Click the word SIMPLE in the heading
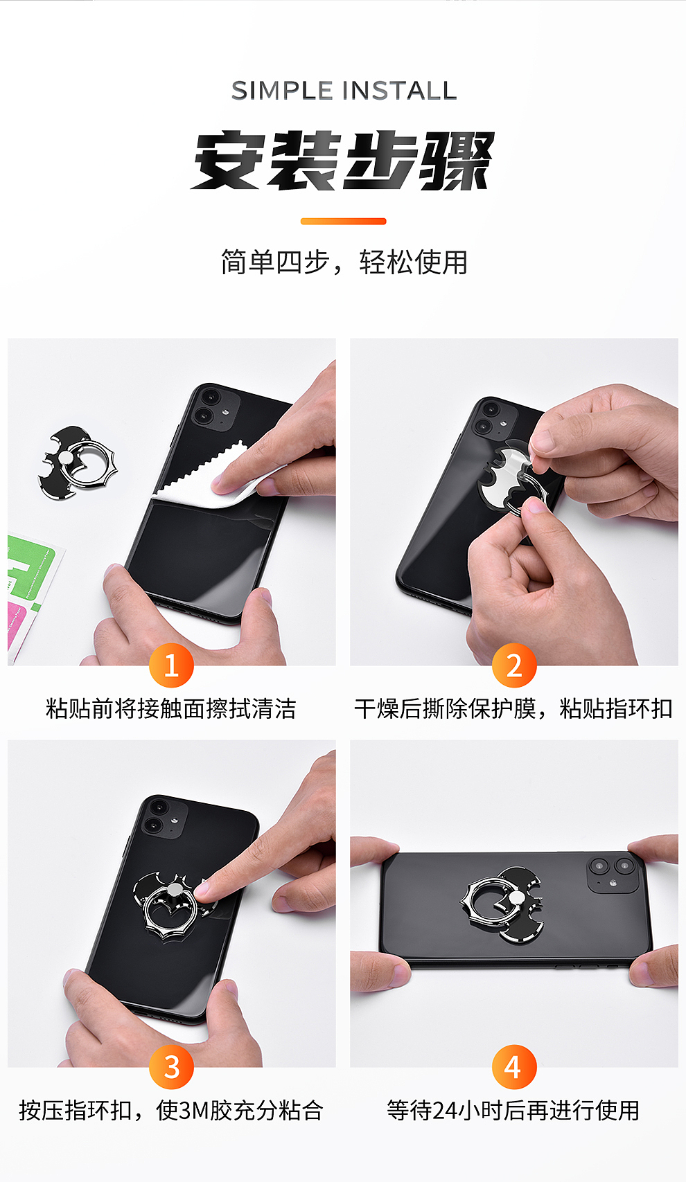coord(282,91)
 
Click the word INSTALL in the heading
coord(399,91)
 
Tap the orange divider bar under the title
coord(343,222)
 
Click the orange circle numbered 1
coord(171,665)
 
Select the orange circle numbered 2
coord(513,665)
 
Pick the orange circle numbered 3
coord(171,1067)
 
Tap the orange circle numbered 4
coord(513,1067)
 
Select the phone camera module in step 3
coord(165,818)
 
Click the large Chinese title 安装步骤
coord(343,161)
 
